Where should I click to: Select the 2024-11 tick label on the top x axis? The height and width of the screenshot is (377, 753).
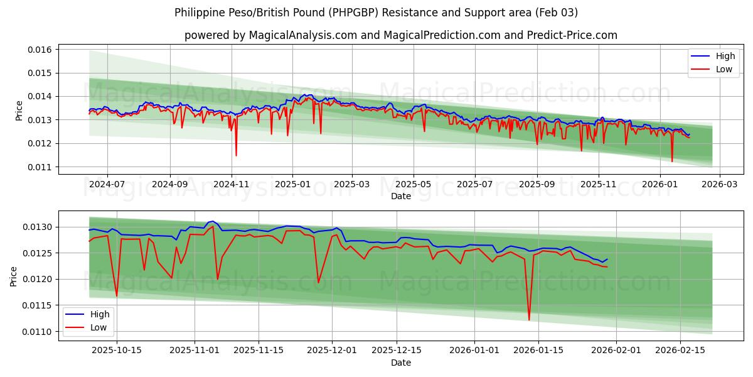tap(232, 185)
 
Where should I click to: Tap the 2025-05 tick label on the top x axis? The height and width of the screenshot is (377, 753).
tap(414, 185)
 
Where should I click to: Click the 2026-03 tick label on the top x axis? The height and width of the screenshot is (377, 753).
tap(719, 185)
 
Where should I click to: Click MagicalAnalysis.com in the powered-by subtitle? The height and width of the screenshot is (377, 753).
tap(304, 35)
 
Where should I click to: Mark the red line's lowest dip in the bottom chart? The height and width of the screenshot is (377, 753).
tap(529, 320)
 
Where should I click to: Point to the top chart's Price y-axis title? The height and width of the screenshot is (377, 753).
tap(19, 111)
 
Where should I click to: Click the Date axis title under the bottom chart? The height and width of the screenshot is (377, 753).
tap(401, 363)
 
